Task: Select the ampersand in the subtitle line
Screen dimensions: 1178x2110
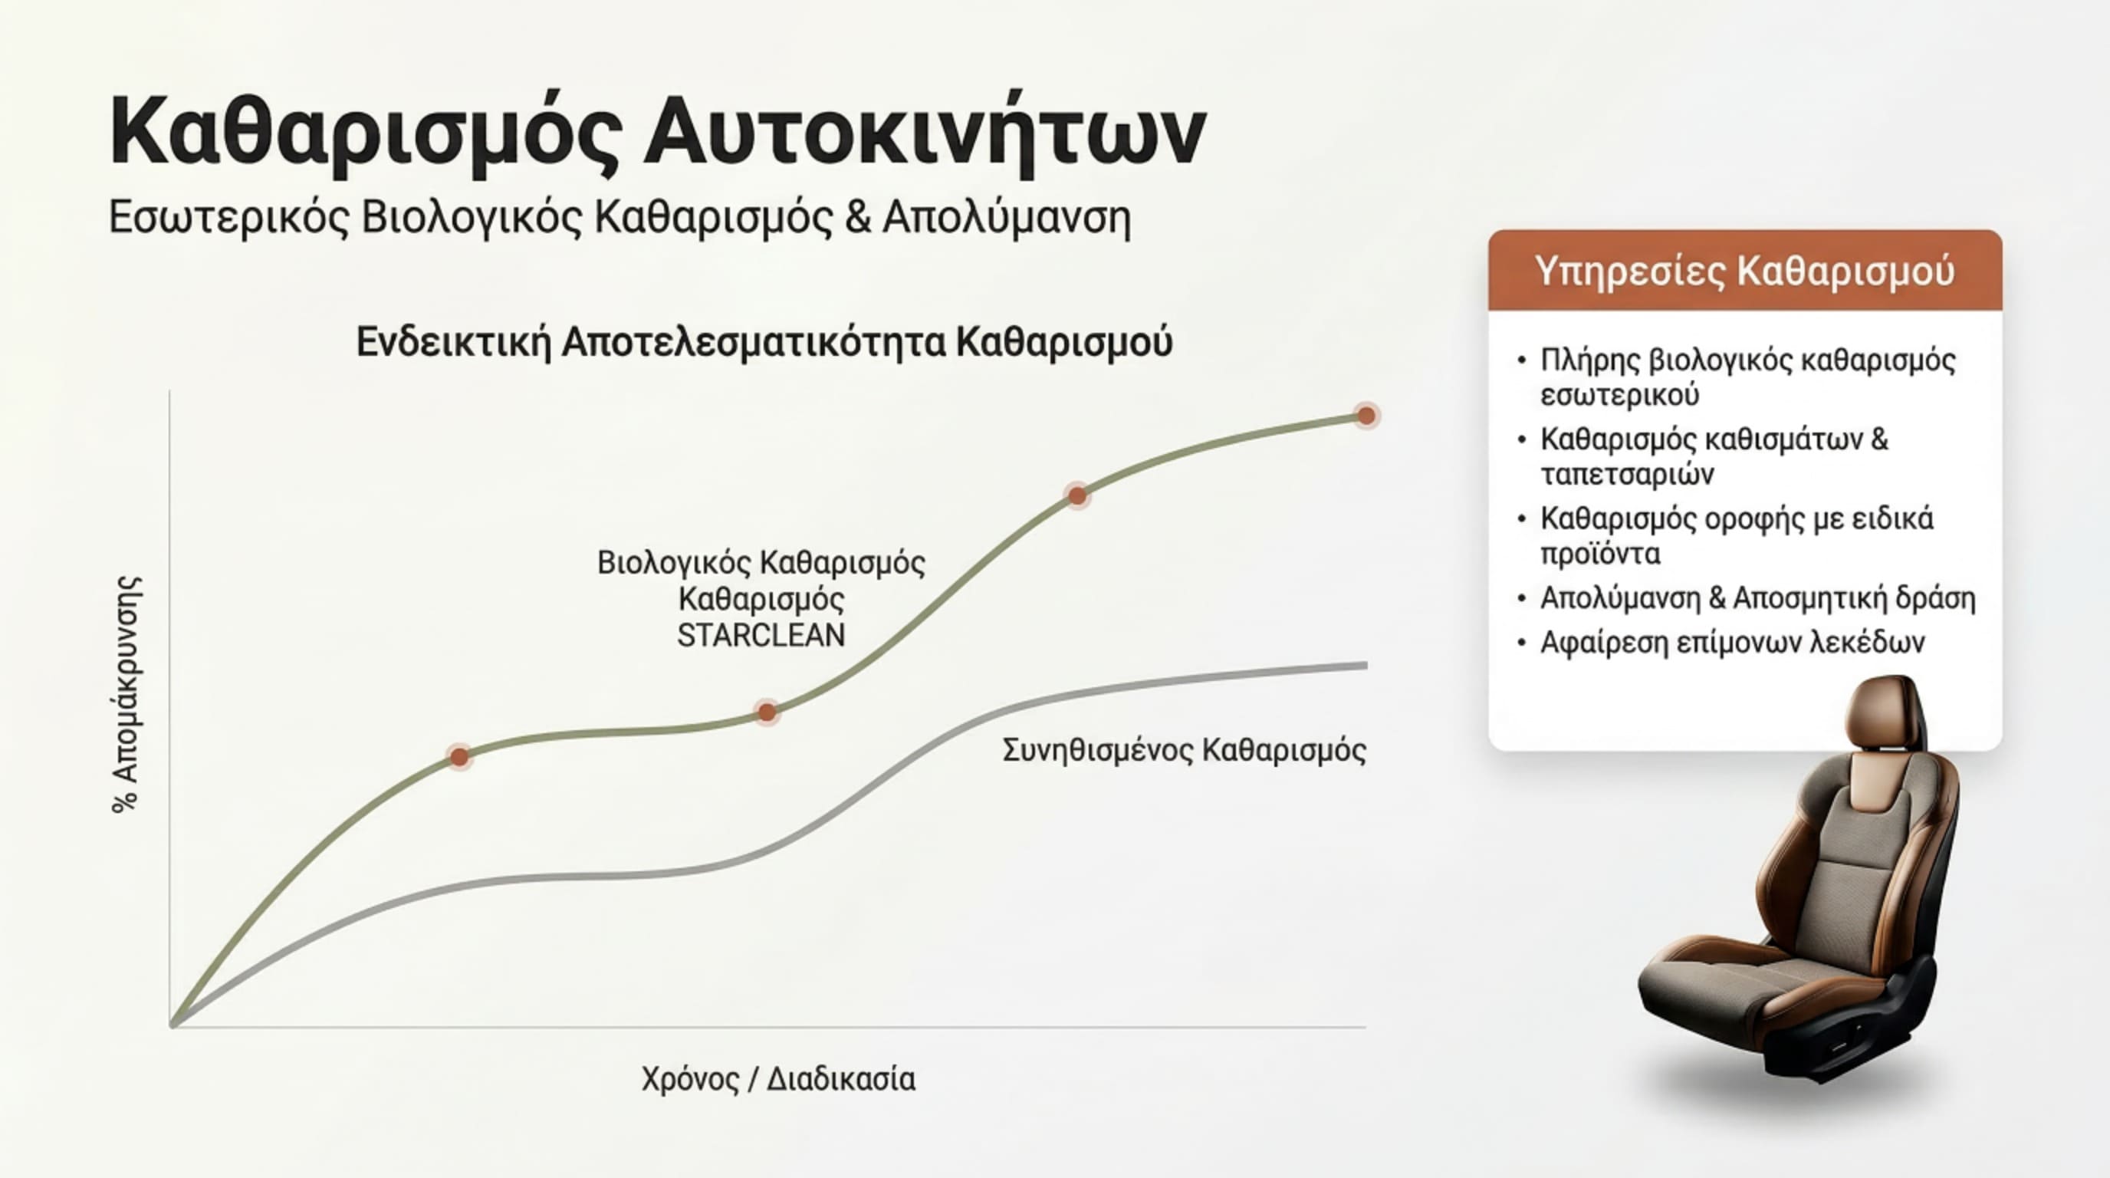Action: coord(856,218)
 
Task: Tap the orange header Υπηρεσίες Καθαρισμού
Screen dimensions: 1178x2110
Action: coord(1745,271)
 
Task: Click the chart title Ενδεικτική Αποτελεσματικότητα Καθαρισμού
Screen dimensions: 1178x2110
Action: coord(764,342)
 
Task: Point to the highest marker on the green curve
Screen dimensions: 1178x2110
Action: coord(1366,416)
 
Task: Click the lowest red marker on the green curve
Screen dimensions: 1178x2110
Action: coord(459,757)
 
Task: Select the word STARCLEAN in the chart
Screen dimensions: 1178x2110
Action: coord(761,636)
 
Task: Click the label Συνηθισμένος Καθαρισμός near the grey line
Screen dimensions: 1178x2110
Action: coord(1184,750)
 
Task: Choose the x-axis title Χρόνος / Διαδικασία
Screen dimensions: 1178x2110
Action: coord(778,1079)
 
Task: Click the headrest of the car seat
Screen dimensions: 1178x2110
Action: coord(1884,712)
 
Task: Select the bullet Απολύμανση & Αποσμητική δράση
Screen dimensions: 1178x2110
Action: coord(1757,599)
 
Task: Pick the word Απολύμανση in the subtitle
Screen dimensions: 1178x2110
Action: coord(1006,218)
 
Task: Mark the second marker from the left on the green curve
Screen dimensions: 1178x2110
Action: coord(767,712)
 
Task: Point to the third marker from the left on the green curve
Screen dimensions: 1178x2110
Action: coord(1077,495)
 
